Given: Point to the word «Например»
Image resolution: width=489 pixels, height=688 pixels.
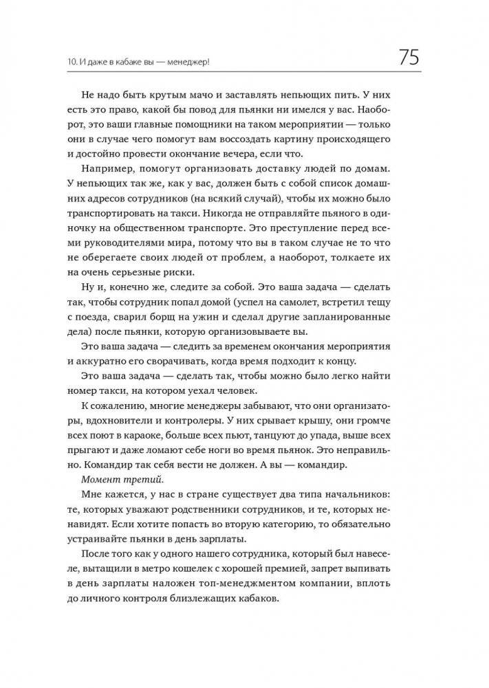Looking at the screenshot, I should pos(112,168).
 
